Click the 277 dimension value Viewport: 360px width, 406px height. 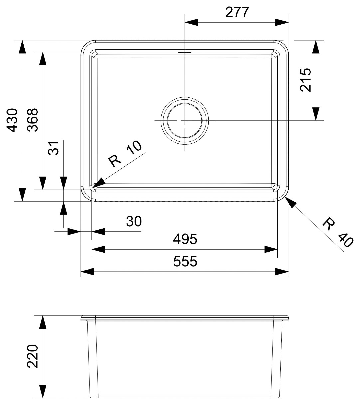[237, 12]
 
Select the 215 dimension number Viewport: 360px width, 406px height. [306, 80]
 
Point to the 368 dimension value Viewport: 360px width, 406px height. [32, 120]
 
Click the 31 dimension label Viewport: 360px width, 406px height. [53, 148]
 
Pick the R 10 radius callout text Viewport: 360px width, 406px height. [125, 154]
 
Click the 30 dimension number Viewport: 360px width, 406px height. [134, 221]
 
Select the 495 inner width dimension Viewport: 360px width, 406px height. [185, 239]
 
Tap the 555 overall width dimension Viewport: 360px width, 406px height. [185, 261]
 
